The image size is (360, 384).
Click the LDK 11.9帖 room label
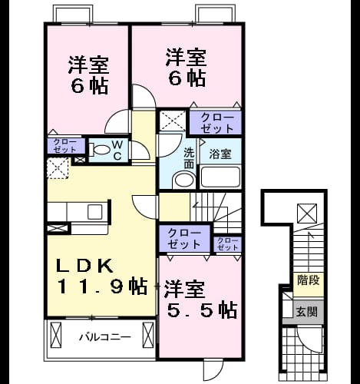coord(101,276)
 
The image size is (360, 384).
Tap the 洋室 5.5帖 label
coord(200,300)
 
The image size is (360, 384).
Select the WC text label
coord(117,151)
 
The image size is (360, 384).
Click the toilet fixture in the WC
coord(100,150)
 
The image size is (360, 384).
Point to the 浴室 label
coord(220,154)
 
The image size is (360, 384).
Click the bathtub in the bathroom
coord(220,177)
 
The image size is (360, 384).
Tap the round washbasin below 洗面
coord(183,180)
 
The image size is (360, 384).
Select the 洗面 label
coord(190,158)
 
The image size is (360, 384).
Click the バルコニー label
coord(104,336)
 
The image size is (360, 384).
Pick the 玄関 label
coord(307,312)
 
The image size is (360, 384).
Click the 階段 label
coord(309,280)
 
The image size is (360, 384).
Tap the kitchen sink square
coord(95,211)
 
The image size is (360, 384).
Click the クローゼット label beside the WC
coord(65,146)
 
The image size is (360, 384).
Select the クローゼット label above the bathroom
coord(217,123)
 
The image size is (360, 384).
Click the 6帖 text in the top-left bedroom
coord(89,86)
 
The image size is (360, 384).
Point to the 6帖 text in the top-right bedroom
coord(187,78)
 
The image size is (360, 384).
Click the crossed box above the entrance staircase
coord(307,214)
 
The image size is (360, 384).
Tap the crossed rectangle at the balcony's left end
coord(56,335)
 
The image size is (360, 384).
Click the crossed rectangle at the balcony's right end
coord(148,335)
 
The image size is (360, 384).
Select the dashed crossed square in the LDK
coord(58,168)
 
